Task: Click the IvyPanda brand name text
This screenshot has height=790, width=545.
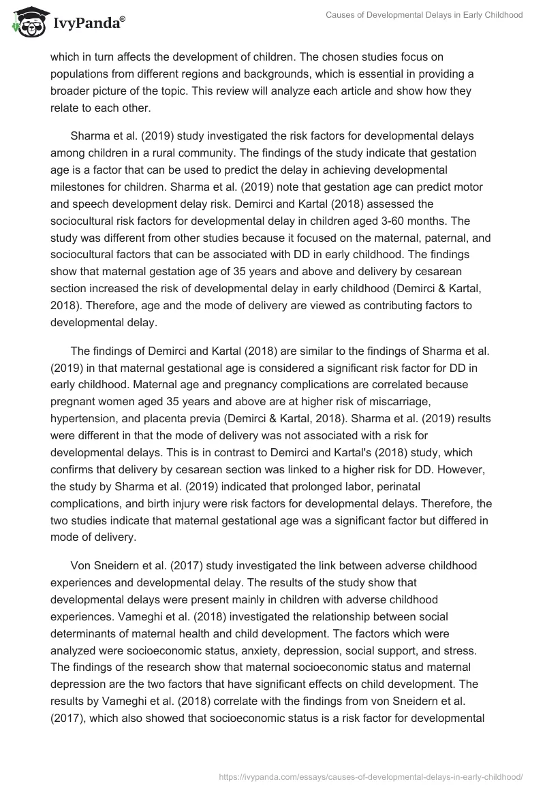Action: click(88, 24)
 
